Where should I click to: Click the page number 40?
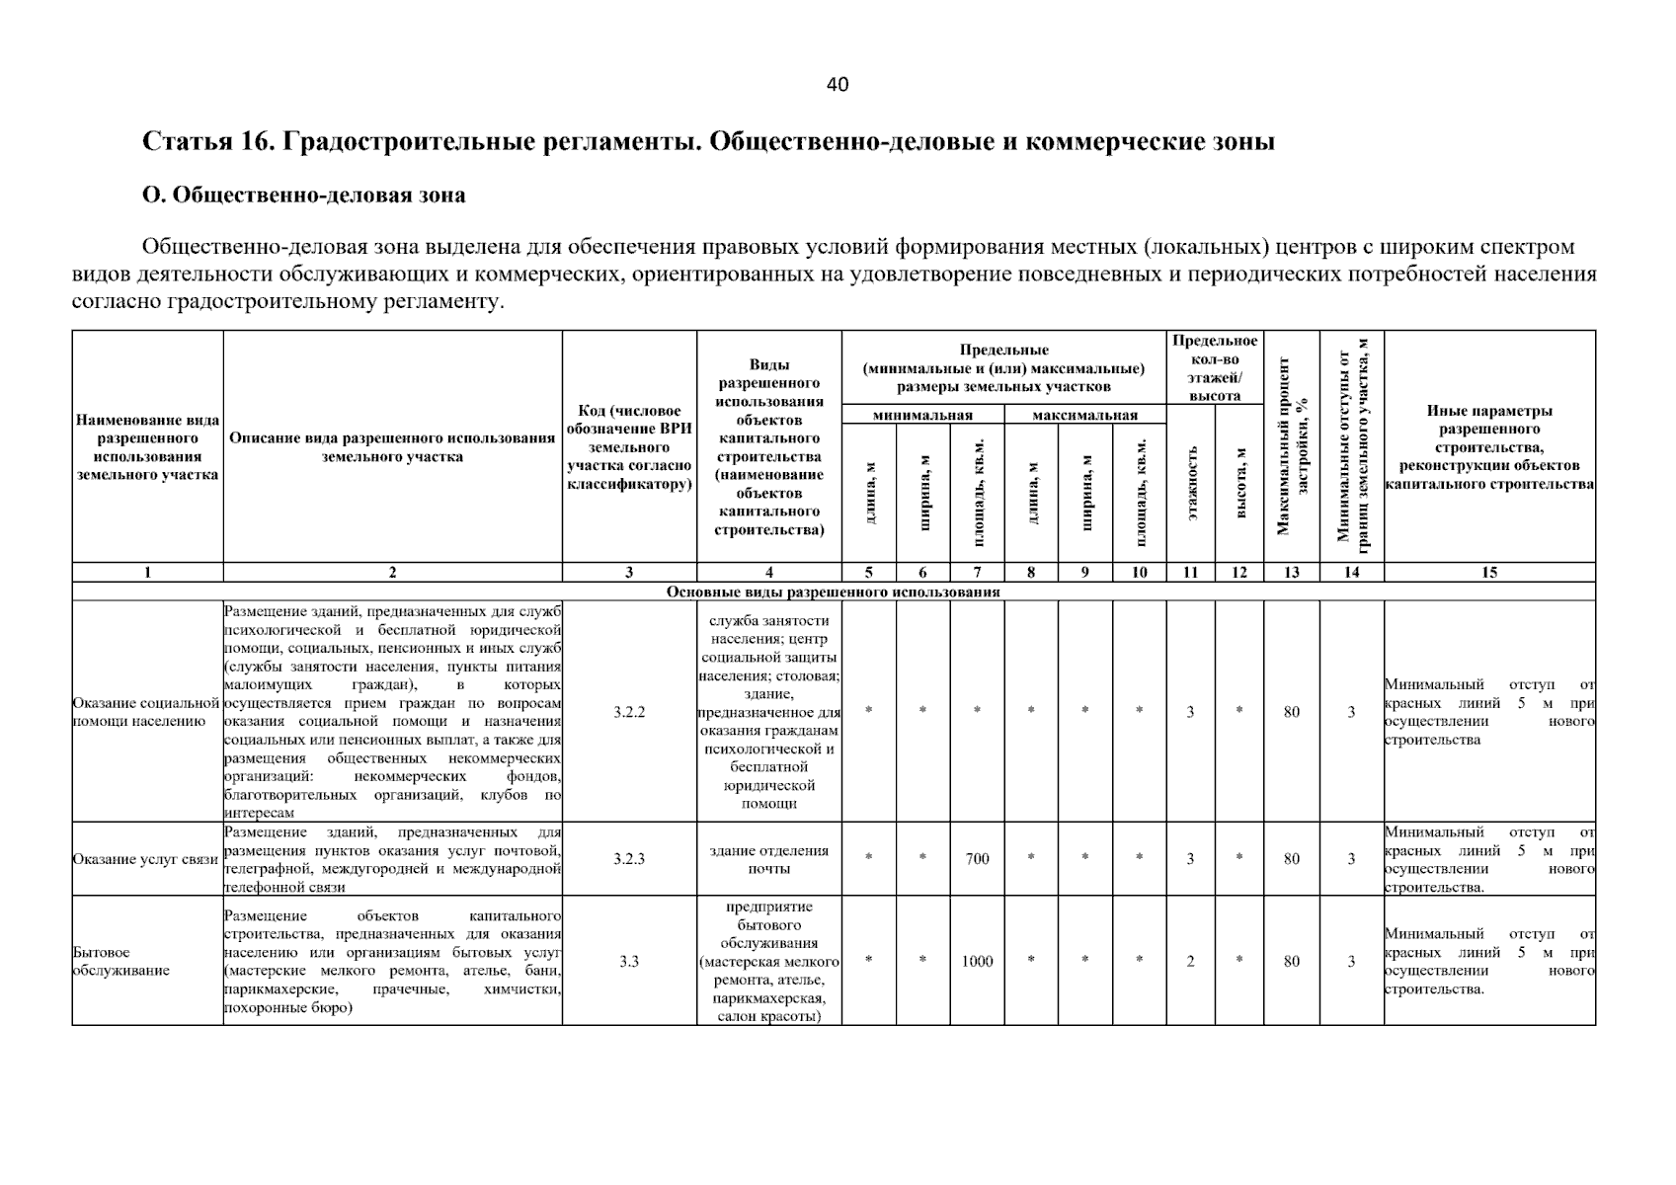pyautogui.click(x=837, y=85)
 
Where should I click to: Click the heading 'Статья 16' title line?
pyautogui.click(x=708, y=142)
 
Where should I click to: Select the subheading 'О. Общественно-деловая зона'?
pyautogui.click(x=304, y=196)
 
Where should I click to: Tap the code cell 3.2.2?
pyautogui.click(x=629, y=712)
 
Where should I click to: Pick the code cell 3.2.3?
pyautogui.click(x=629, y=859)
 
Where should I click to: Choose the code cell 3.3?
pyautogui.click(x=629, y=961)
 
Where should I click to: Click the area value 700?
pyautogui.click(x=977, y=859)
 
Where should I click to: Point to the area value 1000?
pyautogui.click(x=977, y=961)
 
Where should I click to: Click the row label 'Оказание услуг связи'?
pyautogui.click(x=146, y=859)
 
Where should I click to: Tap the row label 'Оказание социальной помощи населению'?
pyautogui.click(x=146, y=712)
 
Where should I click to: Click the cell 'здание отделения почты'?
pyautogui.click(x=768, y=859)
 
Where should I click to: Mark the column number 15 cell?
pyautogui.click(x=1489, y=572)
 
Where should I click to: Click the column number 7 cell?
pyautogui.click(x=977, y=572)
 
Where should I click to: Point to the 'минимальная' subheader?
pyautogui.click(x=922, y=416)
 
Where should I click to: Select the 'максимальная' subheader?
pyautogui.click(x=1084, y=416)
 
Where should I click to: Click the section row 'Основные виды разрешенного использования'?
pyautogui.click(x=833, y=592)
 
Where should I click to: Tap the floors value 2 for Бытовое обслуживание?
pyautogui.click(x=1190, y=961)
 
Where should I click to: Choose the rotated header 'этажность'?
pyautogui.click(x=1191, y=483)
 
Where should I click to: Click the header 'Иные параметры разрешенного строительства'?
pyautogui.click(x=1489, y=447)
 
